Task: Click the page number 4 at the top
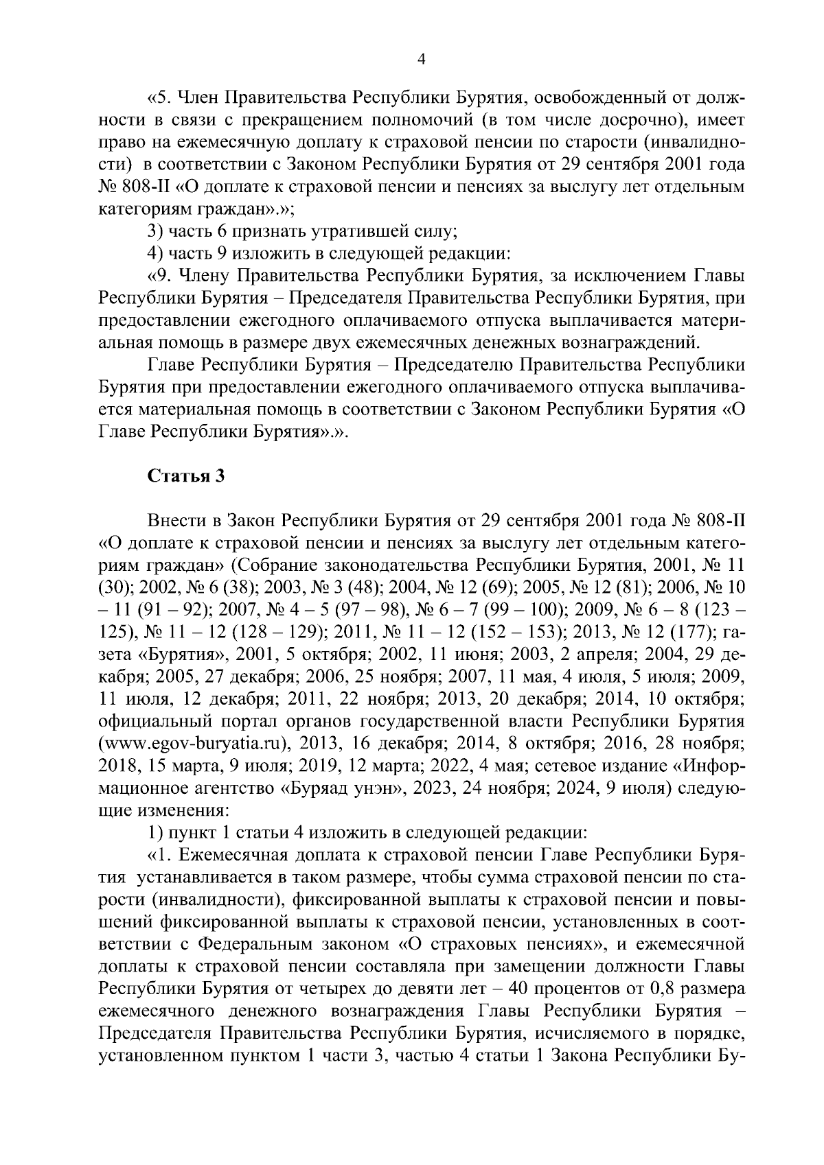pos(422,60)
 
